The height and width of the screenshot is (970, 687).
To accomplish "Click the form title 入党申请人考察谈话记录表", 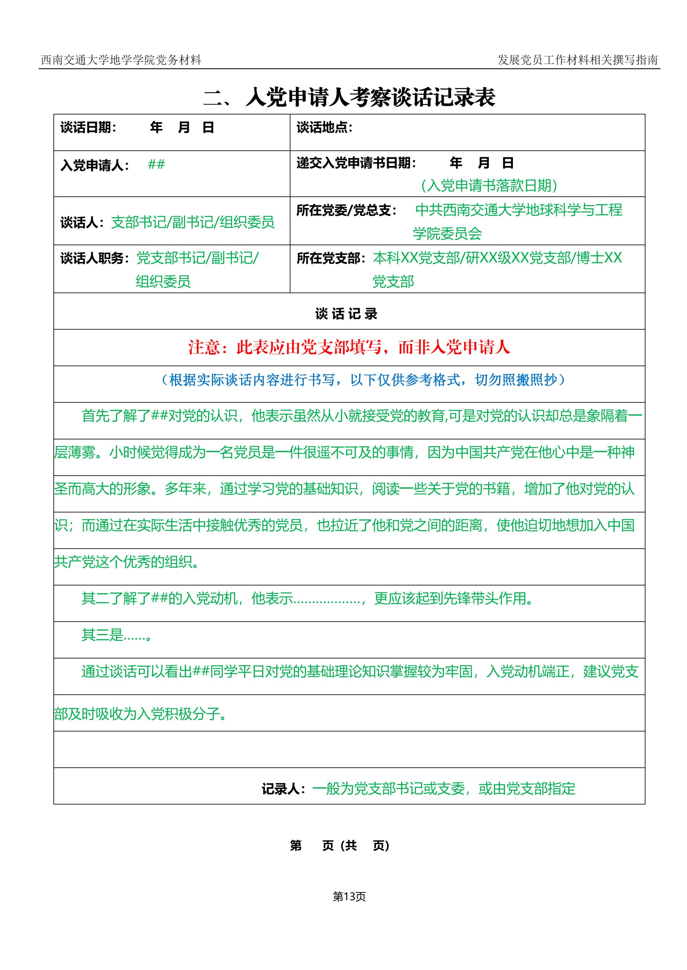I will pyautogui.click(x=370, y=98).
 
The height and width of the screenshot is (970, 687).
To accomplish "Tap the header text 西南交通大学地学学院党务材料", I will pyautogui.click(x=120, y=60).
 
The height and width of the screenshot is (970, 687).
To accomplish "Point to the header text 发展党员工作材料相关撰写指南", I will pyautogui.click(x=577, y=60).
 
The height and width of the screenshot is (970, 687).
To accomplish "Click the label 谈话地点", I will pyautogui.click(x=324, y=127).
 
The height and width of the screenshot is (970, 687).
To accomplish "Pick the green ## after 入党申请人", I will pyautogui.click(x=156, y=165).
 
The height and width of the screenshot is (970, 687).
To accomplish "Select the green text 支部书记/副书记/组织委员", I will pyautogui.click(x=193, y=222).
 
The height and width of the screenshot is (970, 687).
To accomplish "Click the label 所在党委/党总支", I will pyautogui.click(x=346, y=210).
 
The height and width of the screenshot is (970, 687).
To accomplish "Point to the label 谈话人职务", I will pyautogui.click(x=94, y=258).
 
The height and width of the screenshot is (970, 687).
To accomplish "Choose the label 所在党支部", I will pyautogui.click(x=331, y=258).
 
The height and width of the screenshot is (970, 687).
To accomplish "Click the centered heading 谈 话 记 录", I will pyautogui.click(x=346, y=314).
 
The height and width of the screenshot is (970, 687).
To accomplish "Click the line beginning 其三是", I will pyautogui.click(x=116, y=635).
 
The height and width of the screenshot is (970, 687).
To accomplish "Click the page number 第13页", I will pyautogui.click(x=349, y=897).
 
